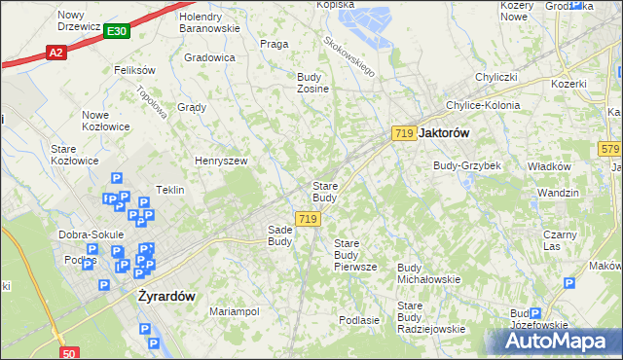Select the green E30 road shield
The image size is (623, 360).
(117, 32)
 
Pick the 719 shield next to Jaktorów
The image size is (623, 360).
(404, 132)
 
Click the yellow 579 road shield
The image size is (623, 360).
(610, 148)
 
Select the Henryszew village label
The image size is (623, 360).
(221, 161)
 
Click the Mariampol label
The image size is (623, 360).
(234, 311)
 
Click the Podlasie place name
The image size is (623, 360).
(358, 319)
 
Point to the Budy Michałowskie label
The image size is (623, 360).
(428, 273)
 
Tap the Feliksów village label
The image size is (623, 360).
(134, 70)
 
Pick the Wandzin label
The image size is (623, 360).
(558, 193)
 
